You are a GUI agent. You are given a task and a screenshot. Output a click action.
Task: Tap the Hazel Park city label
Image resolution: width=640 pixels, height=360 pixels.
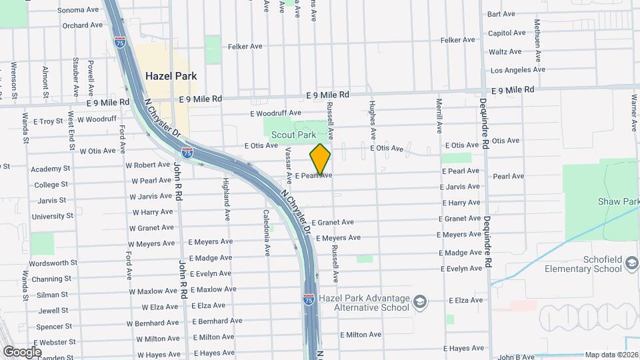coord(171,76)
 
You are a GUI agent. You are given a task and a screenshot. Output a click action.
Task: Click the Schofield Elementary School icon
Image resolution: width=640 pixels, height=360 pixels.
coord(631,265)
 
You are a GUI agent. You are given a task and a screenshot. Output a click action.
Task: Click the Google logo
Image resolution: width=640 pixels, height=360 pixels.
coord(22,351)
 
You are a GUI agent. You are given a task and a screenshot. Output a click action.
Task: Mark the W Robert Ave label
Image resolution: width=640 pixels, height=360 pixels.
coord(148,165)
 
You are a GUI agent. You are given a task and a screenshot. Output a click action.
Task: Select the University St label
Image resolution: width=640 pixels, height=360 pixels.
coord(53,216)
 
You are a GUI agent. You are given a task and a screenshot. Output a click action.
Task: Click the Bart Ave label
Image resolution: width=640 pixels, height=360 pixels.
coord(501,13)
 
